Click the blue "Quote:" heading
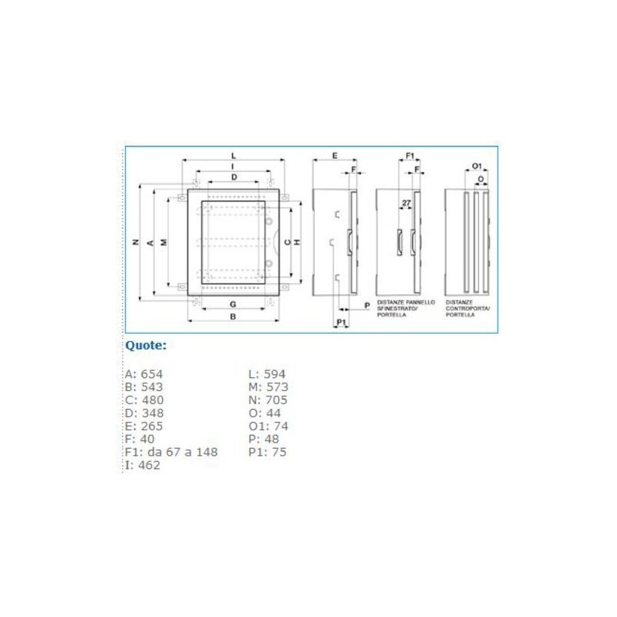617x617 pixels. tap(146, 346)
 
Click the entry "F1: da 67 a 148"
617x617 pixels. tap(171, 452)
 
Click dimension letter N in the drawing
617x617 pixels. tap(134, 243)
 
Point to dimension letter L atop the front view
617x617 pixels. tap(233, 157)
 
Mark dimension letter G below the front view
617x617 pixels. tap(233, 305)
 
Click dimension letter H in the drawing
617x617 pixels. tap(296, 242)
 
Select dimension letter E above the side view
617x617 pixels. tap(334, 156)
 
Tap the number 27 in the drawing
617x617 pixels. tap(406, 204)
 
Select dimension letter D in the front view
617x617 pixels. tap(234, 177)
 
